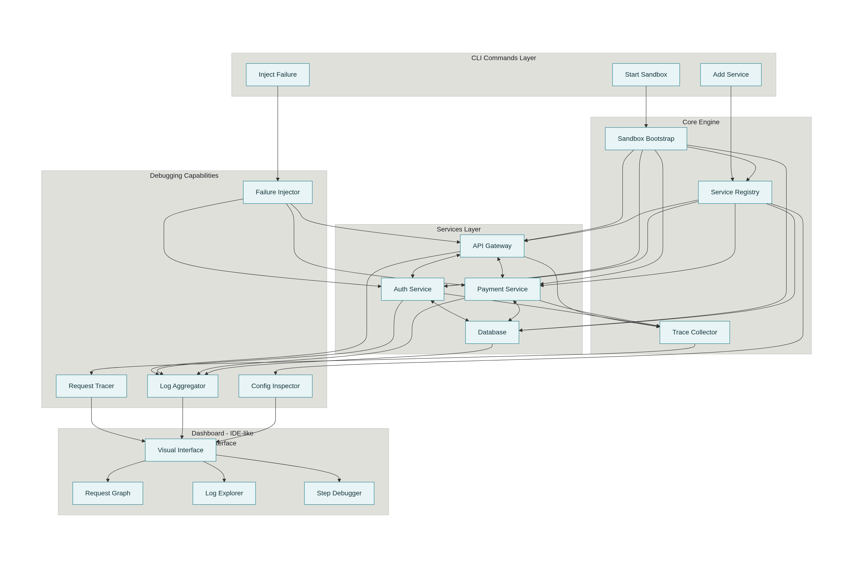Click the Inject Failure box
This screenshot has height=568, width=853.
click(x=277, y=75)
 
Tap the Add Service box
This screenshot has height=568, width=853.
click(x=730, y=75)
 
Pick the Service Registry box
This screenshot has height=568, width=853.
click(x=735, y=192)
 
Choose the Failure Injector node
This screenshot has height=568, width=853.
click(x=277, y=192)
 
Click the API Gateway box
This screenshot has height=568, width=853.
click(x=492, y=246)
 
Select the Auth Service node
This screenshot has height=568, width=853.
click(x=412, y=289)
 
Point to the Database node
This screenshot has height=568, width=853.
click(x=492, y=332)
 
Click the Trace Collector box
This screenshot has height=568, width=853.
click(x=694, y=332)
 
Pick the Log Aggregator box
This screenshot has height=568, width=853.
click(x=182, y=386)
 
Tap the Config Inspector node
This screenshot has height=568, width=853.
click(x=275, y=386)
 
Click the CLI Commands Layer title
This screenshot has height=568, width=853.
click(x=503, y=58)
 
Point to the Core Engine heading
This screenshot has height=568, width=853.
click(x=700, y=122)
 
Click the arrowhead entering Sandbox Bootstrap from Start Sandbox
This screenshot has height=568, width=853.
click(x=646, y=125)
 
